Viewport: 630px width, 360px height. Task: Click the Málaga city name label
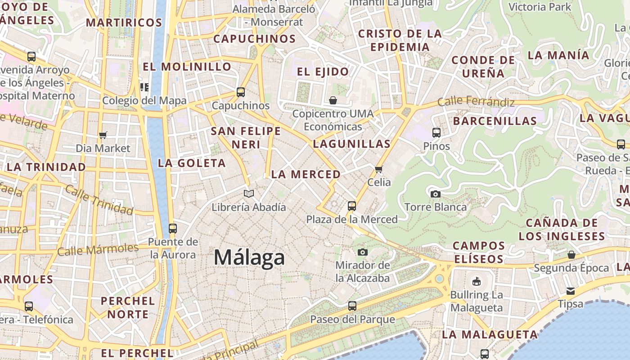click(249, 257)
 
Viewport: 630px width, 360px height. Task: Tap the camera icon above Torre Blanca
click(435, 194)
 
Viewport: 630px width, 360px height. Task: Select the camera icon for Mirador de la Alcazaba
click(363, 252)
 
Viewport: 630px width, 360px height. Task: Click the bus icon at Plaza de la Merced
click(352, 206)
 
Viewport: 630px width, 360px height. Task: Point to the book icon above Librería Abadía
click(249, 194)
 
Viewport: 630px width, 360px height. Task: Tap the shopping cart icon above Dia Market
click(103, 135)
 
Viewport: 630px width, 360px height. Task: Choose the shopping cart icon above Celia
click(378, 169)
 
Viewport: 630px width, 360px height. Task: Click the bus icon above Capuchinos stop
click(241, 92)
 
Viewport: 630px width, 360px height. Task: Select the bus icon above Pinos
click(436, 133)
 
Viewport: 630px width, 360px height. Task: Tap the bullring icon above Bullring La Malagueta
click(476, 282)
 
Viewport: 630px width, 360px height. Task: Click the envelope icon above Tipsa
click(570, 291)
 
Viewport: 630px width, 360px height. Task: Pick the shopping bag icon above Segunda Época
click(571, 255)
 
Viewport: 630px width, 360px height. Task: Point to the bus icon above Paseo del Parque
click(352, 306)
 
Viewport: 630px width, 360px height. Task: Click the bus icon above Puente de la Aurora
click(173, 228)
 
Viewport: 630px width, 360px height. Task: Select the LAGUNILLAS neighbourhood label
click(351, 144)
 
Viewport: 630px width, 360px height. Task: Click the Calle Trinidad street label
click(99, 199)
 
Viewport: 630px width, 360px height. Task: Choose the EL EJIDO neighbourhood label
click(323, 72)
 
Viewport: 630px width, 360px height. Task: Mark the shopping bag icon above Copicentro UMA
click(333, 100)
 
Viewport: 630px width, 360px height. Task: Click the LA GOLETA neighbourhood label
click(192, 163)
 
